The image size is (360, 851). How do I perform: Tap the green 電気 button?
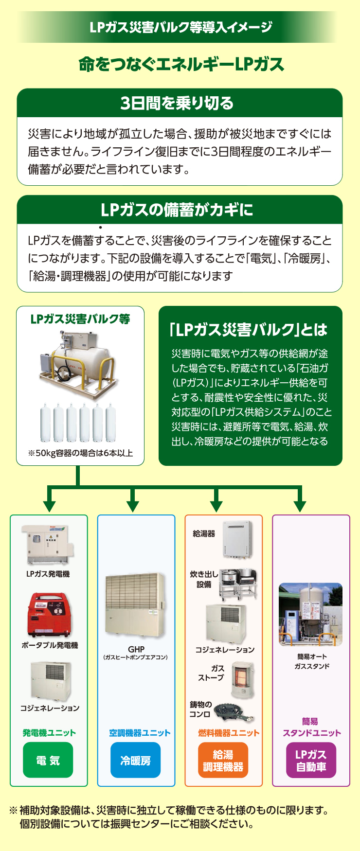[x=48, y=760]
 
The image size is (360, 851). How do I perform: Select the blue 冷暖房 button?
[x=135, y=760]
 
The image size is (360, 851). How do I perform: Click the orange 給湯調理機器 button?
[x=223, y=760]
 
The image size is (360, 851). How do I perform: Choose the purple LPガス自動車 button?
[x=311, y=760]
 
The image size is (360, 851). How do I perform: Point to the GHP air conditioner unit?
[x=136, y=608]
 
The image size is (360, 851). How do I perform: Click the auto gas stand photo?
[x=310, y=614]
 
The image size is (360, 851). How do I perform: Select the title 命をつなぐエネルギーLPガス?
[x=181, y=64]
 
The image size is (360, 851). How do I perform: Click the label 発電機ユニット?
[x=49, y=733]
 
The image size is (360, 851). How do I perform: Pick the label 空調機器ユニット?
[x=140, y=733]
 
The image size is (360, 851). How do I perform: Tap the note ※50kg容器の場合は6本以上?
[x=80, y=453]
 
